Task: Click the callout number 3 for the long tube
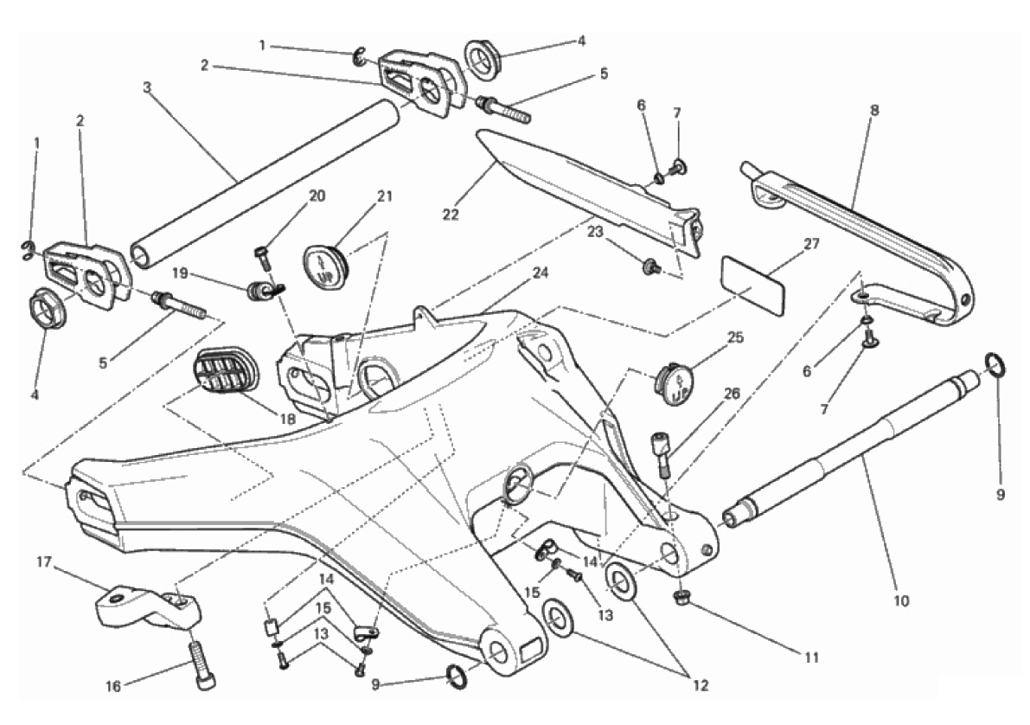[x=147, y=87]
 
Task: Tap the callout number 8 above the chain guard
[x=874, y=111]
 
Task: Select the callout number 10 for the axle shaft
[x=901, y=600]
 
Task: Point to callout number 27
[x=812, y=244]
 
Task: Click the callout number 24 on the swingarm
[x=541, y=273]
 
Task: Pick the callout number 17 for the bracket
[x=44, y=562]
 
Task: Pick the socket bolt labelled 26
[x=662, y=453]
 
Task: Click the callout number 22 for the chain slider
[x=450, y=215]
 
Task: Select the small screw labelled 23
[x=651, y=266]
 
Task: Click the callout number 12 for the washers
[x=701, y=685]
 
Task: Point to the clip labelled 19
[x=261, y=290]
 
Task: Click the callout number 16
[x=113, y=687]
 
